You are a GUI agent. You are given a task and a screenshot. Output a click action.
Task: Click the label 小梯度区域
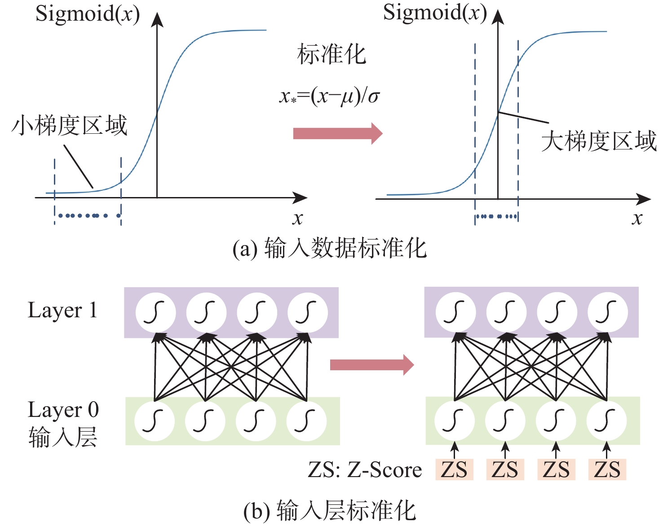pos(70,126)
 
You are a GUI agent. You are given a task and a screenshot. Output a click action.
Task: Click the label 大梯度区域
pos(599,141)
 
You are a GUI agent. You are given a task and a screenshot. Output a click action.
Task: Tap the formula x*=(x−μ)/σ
pos(329,96)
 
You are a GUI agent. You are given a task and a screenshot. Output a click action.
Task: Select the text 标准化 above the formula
pos(331,55)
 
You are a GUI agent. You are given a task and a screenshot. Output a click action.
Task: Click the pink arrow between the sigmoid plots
pos(337,133)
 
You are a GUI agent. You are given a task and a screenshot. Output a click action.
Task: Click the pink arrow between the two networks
pos(371,365)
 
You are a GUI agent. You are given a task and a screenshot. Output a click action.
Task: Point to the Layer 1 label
pos(63,311)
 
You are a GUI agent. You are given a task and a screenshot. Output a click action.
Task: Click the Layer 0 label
pos(63,410)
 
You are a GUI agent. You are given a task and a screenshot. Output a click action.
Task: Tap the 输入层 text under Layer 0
pos(63,437)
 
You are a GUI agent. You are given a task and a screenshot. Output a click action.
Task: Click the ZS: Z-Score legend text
pos(365,470)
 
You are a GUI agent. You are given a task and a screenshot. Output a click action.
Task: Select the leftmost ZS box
pos(454,470)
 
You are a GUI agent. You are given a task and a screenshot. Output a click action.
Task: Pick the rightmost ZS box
pos(607,470)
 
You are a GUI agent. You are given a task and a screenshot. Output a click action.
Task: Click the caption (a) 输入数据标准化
pos(330,248)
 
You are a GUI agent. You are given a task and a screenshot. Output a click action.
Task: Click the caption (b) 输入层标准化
pos(330,510)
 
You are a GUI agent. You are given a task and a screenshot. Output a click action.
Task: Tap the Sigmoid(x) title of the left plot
pos(88,14)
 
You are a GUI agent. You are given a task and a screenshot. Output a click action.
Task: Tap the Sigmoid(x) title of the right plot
pos(435,13)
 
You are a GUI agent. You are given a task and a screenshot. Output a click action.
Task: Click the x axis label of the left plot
pos(297,219)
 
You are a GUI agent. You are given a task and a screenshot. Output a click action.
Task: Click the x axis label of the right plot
pos(637,219)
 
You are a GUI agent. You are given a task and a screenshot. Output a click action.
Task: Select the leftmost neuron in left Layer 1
pos(155,312)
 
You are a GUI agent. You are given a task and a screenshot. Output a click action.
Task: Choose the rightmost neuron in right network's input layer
pos(606,421)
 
